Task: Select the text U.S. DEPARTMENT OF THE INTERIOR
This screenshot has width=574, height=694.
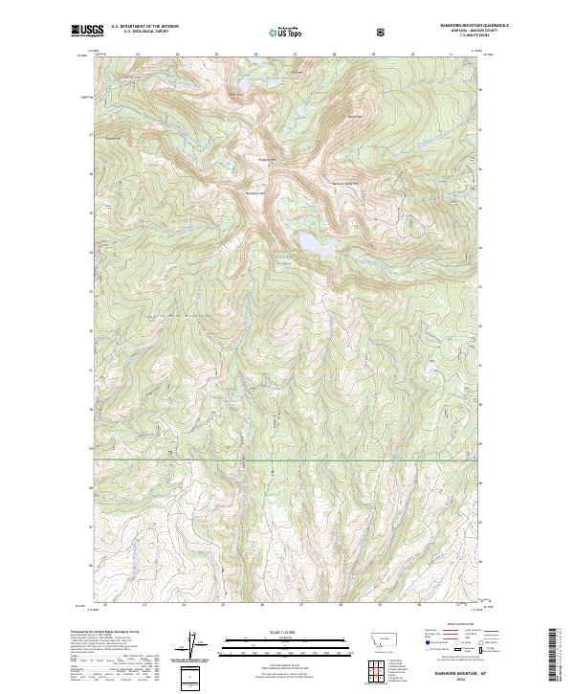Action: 144,27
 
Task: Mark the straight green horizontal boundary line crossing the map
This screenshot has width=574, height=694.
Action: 287,460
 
